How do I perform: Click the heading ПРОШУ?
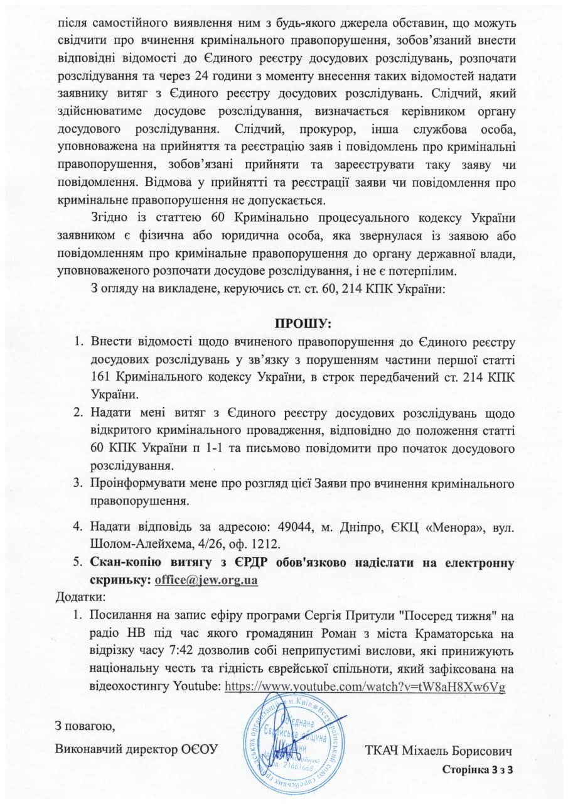[x=303, y=324]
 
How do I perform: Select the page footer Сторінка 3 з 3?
[x=478, y=769]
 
